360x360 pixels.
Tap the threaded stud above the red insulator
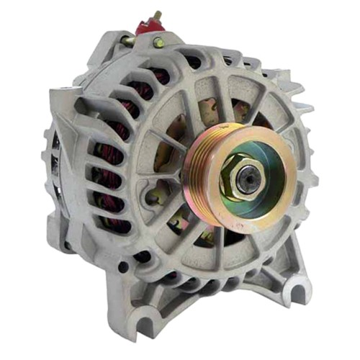(156, 14)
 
